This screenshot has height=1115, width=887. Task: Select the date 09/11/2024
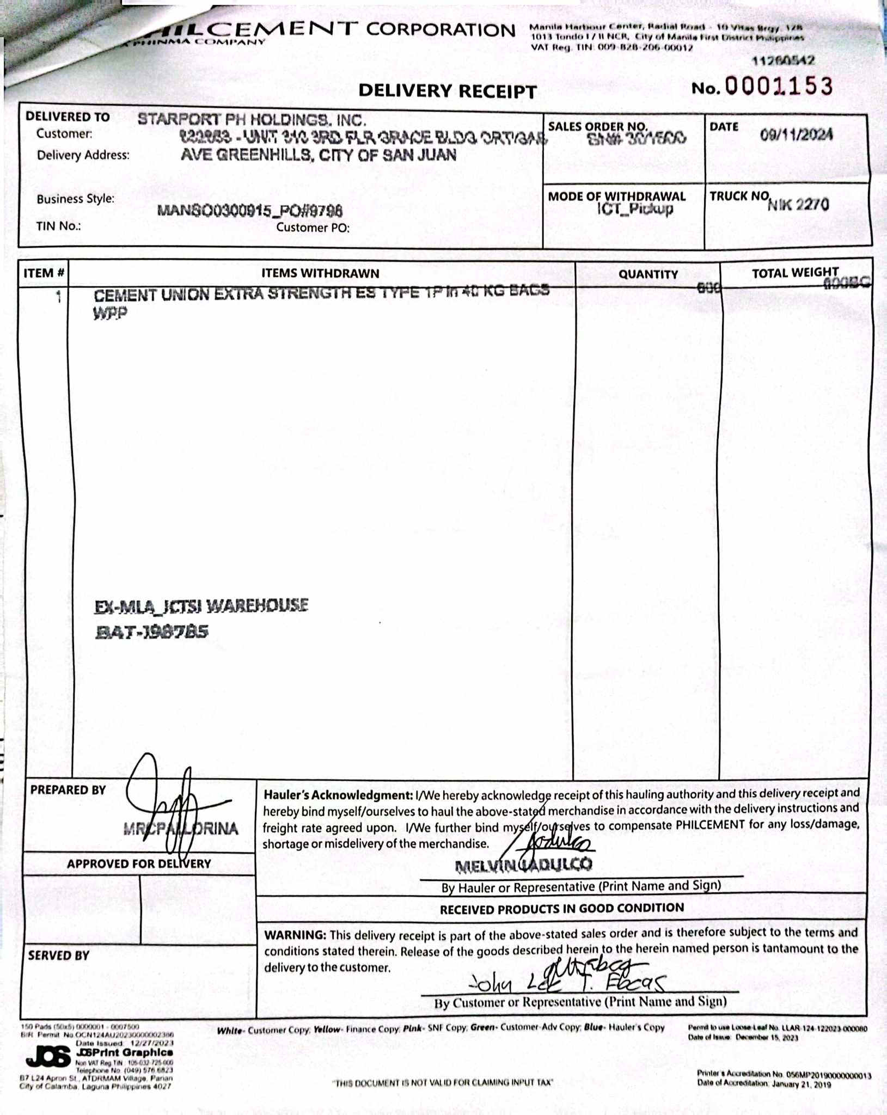pos(796,135)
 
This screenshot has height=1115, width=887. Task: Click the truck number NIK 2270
pos(798,205)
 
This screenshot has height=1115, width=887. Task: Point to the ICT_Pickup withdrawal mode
pos(635,209)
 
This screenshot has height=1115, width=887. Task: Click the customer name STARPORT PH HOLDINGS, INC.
pos(251,119)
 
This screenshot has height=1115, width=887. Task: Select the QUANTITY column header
pos(648,274)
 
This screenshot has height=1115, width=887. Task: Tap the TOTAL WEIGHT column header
pos(795,273)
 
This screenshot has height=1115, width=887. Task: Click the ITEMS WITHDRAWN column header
pos(320,273)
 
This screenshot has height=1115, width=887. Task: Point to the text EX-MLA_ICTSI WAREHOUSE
pos(201,605)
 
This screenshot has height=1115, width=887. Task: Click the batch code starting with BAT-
pos(152,632)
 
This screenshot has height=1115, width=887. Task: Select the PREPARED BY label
pos(68,790)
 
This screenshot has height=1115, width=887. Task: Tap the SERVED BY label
pos(59,955)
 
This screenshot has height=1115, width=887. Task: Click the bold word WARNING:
pos(295,935)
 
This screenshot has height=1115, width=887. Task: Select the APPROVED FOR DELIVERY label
pos(139,864)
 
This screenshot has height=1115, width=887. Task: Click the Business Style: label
pos(76,199)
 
